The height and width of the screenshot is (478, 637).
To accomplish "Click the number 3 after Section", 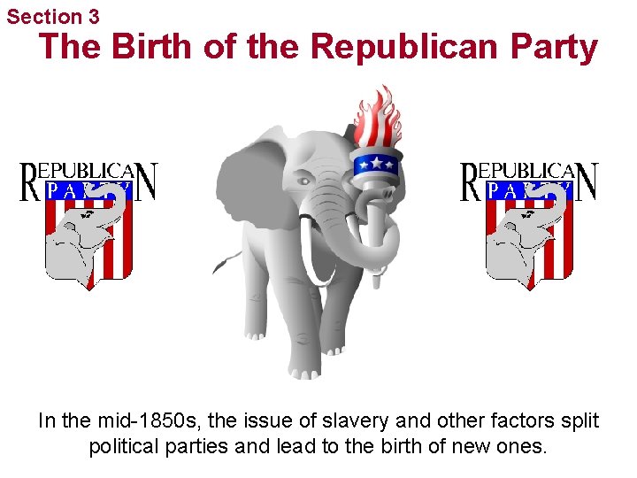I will (x=94, y=16).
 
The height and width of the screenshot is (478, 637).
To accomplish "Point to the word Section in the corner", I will (x=45, y=16).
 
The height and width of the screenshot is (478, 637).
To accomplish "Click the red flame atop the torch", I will (x=377, y=119).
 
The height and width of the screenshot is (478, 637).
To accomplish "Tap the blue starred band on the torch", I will (x=377, y=163).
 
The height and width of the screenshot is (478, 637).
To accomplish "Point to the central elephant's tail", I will (x=228, y=259).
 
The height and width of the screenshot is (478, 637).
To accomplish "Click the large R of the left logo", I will (x=30, y=182).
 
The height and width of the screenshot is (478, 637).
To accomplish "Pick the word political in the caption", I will (x=124, y=445).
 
